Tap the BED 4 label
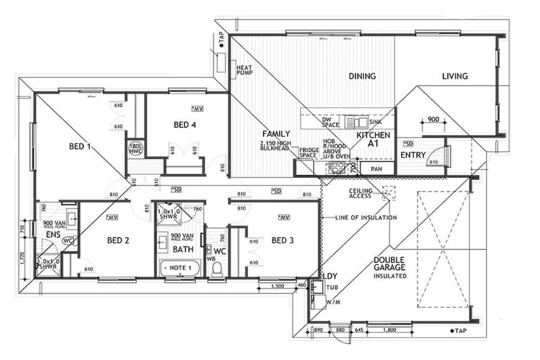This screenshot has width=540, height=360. (x=185, y=125)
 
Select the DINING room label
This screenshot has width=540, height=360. (x=362, y=77)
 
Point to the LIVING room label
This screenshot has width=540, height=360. (x=455, y=77)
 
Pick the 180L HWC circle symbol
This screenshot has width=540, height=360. (x=136, y=149)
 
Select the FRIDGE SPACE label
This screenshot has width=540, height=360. (x=309, y=153)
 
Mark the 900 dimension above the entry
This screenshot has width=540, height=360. (x=433, y=120)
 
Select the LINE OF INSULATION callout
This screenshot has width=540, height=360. (x=364, y=217)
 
